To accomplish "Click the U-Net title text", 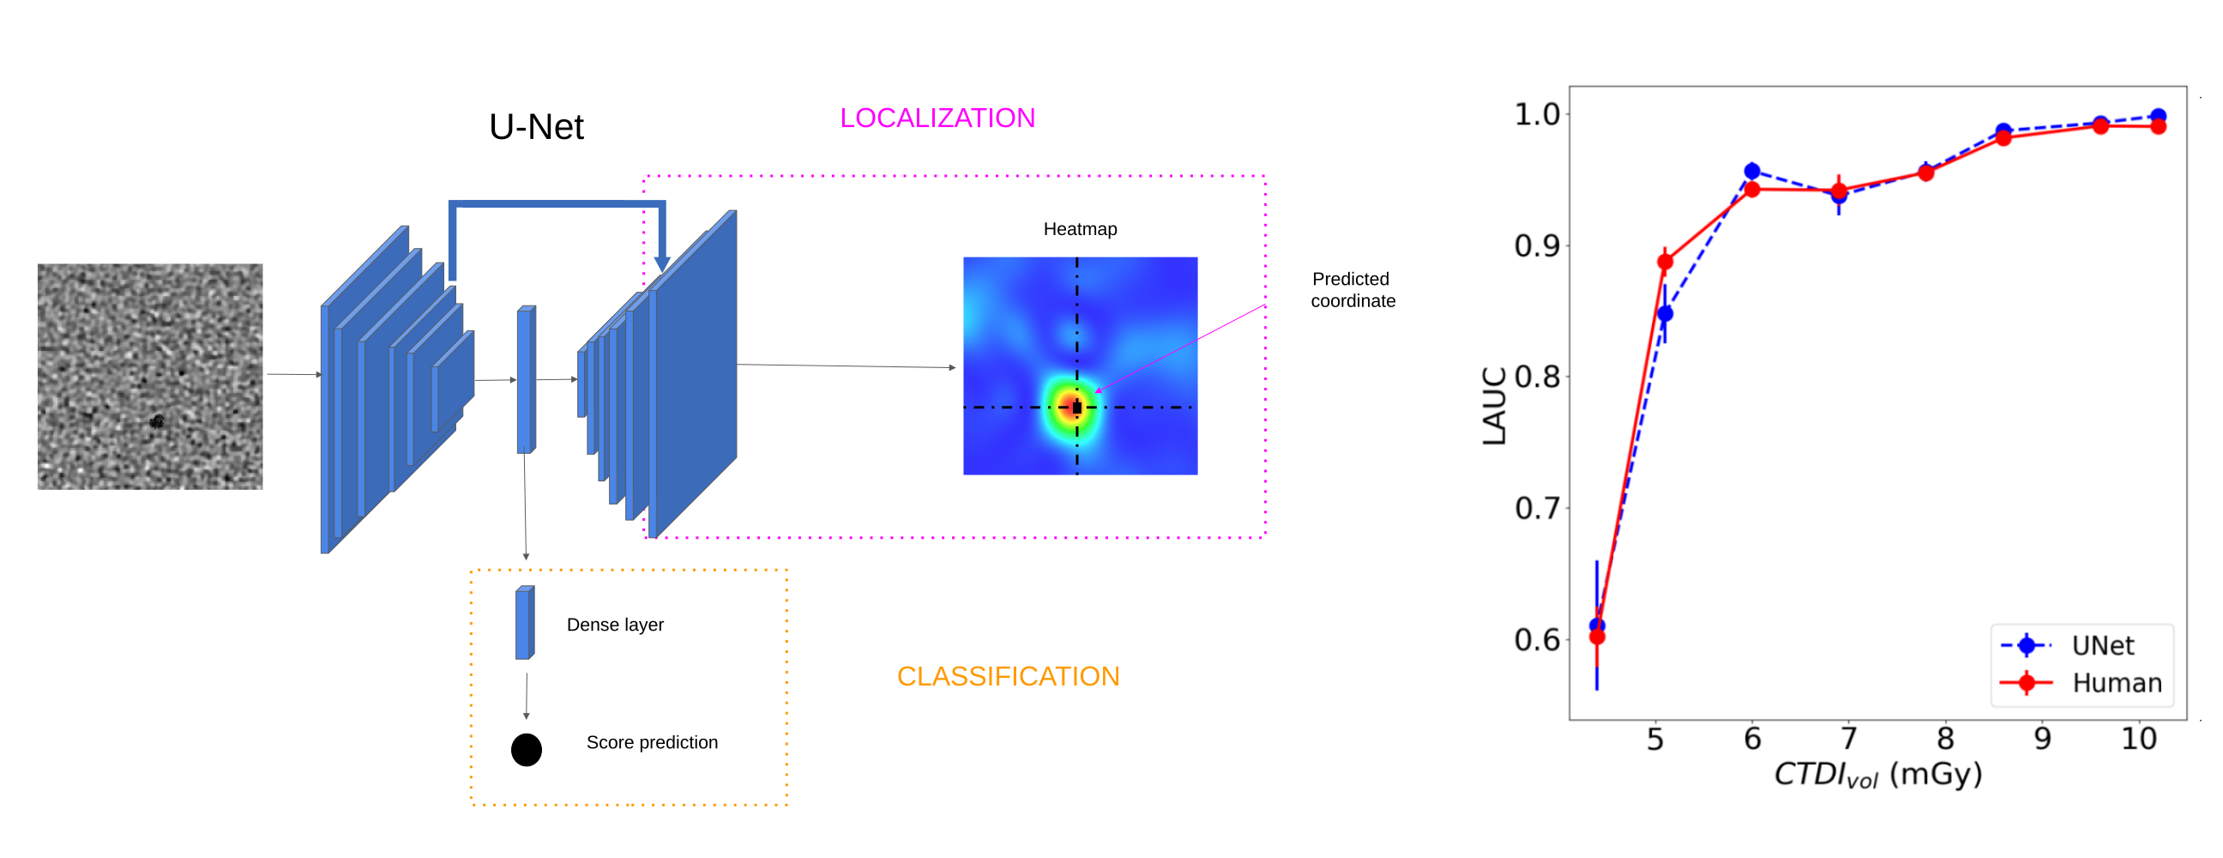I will click(536, 127).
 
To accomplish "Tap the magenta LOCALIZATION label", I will click(937, 118).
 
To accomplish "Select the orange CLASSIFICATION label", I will click(1007, 676).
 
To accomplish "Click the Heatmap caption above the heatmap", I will click(1080, 229).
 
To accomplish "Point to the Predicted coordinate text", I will click(1352, 289).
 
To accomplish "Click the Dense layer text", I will click(614, 624).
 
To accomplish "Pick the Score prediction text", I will click(652, 742).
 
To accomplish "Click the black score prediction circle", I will click(526, 749).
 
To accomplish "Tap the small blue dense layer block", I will click(524, 622).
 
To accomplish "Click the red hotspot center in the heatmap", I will click(1075, 407).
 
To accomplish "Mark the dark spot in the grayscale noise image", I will click(156, 421).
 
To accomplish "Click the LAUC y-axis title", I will click(1494, 406).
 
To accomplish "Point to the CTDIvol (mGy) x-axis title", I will click(1877, 774).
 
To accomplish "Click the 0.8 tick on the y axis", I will click(1537, 377).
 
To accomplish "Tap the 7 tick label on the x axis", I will click(1848, 739).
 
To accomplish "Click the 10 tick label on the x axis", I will click(2138, 739).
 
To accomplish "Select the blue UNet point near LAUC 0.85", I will click(1665, 313).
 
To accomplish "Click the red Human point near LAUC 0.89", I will click(1665, 262).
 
